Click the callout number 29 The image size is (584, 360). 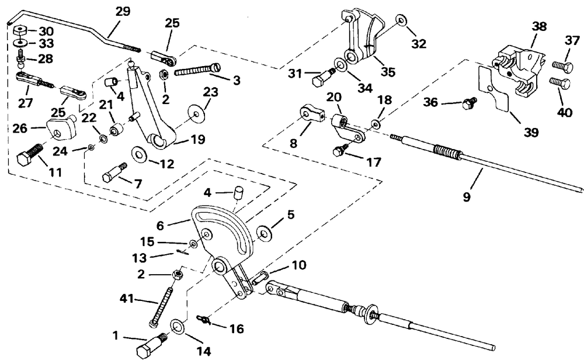[123, 11]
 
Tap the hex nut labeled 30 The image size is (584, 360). [20, 30]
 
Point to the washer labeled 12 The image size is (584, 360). [140, 153]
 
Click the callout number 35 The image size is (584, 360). [388, 71]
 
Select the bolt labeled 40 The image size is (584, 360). [560, 83]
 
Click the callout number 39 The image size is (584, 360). [531, 132]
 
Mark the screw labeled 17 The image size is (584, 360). [340, 150]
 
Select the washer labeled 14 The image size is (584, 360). [178, 325]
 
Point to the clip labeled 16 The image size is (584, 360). [204, 319]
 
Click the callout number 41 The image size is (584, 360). [127, 298]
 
